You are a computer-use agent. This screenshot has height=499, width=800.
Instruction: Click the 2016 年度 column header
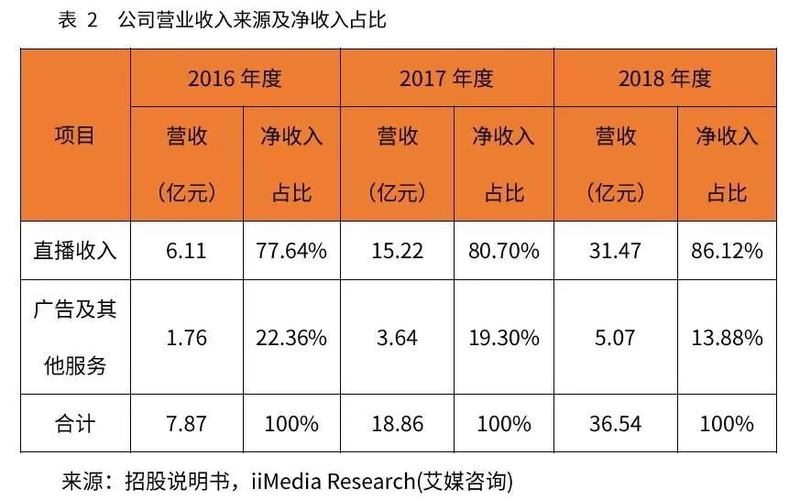(x=235, y=78)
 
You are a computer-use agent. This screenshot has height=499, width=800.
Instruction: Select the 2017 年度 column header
(x=446, y=78)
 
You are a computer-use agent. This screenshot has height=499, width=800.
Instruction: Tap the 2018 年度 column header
(x=664, y=78)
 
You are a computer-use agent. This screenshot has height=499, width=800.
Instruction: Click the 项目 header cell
(x=75, y=136)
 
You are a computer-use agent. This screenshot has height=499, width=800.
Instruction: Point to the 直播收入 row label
(x=75, y=250)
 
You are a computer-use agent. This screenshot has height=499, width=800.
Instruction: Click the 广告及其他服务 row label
(x=75, y=337)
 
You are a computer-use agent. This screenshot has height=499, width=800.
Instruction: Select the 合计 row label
(x=75, y=424)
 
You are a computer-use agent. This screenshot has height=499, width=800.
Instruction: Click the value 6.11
(x=187, y=250)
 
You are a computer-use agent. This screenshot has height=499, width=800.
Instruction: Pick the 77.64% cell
(x=291, y=250)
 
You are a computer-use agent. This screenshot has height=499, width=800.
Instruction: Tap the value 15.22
(x=398, y=250)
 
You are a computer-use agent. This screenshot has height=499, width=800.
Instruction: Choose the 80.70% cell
(x=503, y=250)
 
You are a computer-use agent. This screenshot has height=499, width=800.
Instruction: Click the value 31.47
(x=616, y=250)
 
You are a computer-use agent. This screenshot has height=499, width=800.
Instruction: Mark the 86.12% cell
(x=727, y=250)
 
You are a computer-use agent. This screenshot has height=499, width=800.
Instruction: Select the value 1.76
(x=187, y=338)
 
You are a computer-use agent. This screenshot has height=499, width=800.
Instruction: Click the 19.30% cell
(x=503, y=338)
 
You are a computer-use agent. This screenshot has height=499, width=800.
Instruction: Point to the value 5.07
(x=616, y=338)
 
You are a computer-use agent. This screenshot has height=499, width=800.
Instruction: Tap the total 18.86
(x=398, y=424)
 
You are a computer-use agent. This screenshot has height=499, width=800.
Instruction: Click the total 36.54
(x=616, y=424)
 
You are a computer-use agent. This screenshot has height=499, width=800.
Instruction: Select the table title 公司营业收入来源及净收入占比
(x=252, y=20)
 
